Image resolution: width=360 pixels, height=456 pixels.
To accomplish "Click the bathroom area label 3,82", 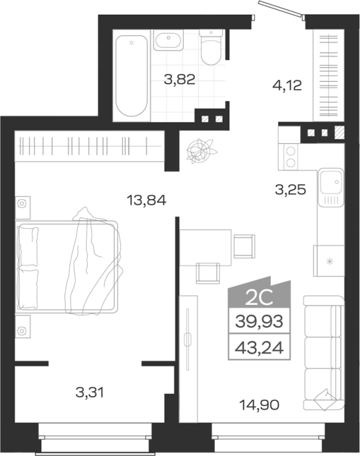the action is pos(180,79).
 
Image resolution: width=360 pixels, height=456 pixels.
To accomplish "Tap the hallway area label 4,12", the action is pos(287,85).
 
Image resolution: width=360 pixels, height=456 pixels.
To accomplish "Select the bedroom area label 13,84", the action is pos(146,200).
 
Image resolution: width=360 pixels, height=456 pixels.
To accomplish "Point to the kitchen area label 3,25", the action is pos(291,190).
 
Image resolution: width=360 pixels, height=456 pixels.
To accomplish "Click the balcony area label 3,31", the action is pos(90,393).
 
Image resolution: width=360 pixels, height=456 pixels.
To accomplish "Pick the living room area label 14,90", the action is pos(260,405).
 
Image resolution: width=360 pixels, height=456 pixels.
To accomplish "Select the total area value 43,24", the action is pos(259,347).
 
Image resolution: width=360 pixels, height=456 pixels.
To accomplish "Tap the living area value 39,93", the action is pos(259,322).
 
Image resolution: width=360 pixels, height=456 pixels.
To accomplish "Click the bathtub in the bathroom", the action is pos(132,76).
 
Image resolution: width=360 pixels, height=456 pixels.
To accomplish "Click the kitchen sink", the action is pos(331,187).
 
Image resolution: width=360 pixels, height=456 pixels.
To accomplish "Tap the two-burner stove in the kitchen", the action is pos(288,156).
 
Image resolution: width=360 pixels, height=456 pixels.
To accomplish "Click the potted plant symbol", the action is pos(201,150).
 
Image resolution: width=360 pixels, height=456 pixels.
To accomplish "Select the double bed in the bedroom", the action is pos(68,266).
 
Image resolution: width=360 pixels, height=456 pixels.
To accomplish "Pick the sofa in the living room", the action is pos(323,353).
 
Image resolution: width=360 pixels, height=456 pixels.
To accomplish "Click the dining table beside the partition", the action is pos(206,248).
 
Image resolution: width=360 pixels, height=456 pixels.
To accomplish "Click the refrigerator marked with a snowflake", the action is pos(329,261).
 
